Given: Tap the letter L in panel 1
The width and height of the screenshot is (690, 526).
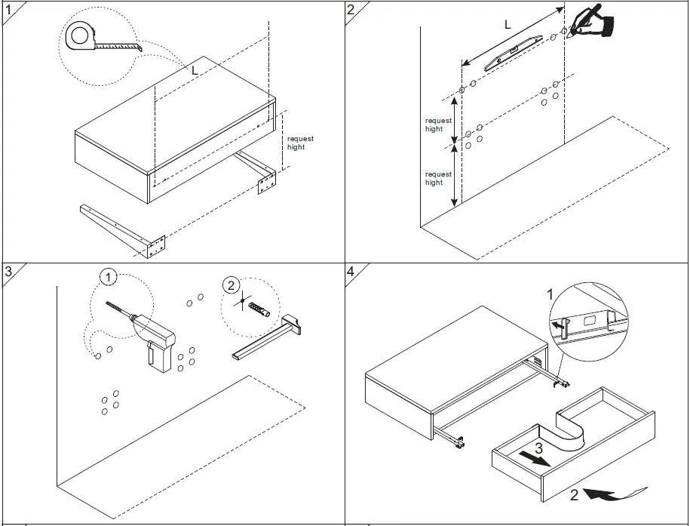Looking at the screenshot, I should point(195,70).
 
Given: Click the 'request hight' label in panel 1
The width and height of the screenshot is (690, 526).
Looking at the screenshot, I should point(299,143).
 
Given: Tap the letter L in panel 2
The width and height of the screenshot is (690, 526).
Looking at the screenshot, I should point(508,25).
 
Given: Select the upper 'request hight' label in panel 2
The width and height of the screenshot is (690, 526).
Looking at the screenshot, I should point(438,125).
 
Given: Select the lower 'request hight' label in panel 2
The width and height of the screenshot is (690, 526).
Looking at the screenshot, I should point(438,178).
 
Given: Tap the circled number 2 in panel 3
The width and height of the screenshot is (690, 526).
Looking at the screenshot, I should point(231,285).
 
